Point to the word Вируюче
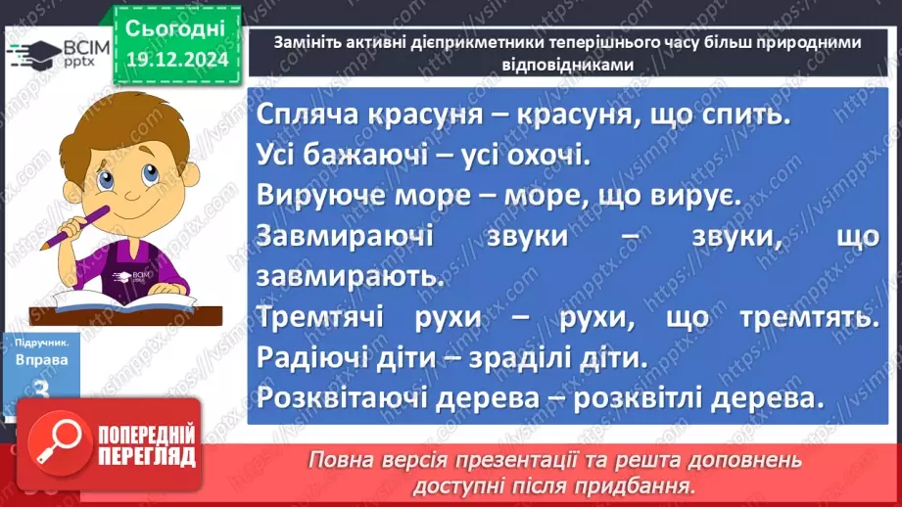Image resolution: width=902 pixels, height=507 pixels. point(320,196)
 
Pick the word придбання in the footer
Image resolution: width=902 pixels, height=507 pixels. point(638,484)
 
